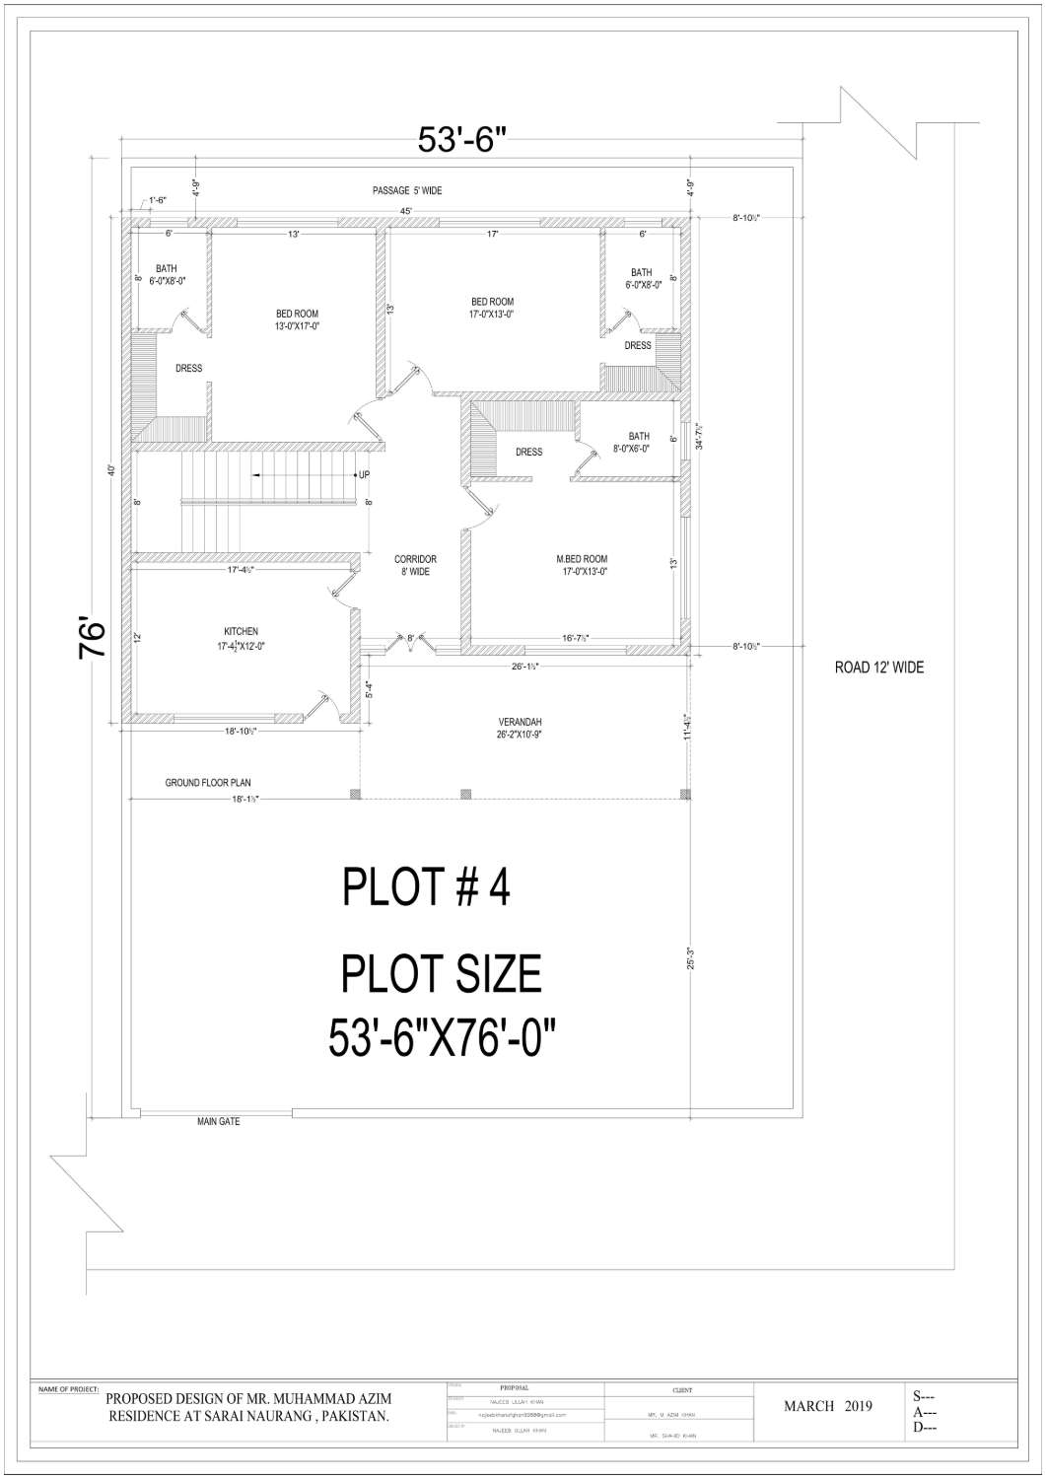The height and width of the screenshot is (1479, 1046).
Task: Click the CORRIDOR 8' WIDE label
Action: pos(415,565)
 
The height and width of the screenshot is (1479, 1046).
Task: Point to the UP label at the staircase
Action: pos(364,475)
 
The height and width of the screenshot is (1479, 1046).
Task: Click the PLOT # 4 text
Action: pos(426,887)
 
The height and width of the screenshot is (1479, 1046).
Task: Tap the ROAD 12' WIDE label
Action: pos(878,668)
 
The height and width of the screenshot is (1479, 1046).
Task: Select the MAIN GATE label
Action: pos(218,1121)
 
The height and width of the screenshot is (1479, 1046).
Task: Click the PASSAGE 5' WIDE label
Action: pos(406,190)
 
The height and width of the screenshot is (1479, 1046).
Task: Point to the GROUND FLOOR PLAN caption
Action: pos(207,783)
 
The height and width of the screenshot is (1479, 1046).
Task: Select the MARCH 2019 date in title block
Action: pos(827,1406)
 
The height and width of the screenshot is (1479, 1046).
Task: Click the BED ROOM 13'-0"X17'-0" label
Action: pos(297,319)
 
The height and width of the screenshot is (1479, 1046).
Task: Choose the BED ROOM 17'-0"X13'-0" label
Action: pos(492,308)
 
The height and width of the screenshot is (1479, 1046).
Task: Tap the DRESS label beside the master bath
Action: pos(528,453)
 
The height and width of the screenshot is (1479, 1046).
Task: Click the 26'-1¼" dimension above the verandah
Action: pos(523,667)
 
